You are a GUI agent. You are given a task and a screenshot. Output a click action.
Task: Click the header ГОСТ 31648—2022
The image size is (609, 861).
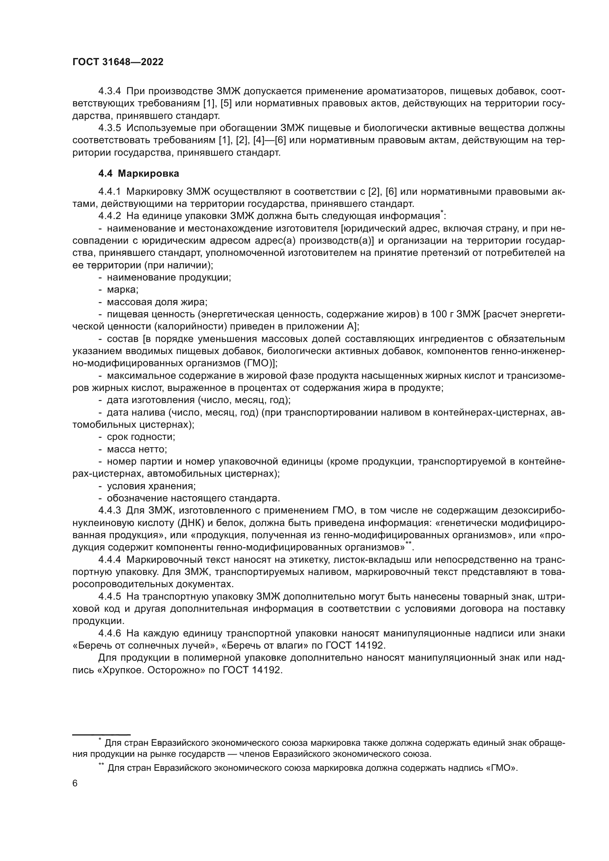pos(118,62)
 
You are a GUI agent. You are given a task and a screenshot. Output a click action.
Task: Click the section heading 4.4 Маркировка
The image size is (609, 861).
pos(138,174)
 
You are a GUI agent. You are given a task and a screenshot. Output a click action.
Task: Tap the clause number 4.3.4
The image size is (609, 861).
pos(109,91)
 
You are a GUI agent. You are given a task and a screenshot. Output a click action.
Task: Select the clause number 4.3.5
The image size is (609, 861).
pos(109,128)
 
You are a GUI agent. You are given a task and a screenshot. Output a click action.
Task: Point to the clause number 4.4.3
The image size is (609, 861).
pos(109,510)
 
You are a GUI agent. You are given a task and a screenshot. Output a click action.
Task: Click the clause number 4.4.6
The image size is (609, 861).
pos(109,634)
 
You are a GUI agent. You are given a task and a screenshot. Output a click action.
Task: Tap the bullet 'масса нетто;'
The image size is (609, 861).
pos(137,449)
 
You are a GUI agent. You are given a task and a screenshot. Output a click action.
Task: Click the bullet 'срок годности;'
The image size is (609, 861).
pos(141,437)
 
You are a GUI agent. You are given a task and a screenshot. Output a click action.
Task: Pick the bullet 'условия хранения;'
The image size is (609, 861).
pos(151,486)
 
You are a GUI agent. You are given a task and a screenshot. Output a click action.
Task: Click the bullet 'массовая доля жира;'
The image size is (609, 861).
pos(157,302)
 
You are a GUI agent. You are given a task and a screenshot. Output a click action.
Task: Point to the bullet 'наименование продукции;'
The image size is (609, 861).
pos(168,278)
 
